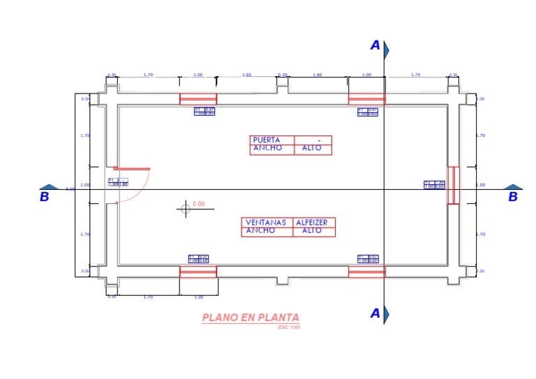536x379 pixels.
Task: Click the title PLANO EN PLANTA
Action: pos(251,318)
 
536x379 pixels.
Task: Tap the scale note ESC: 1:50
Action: pos(288,327)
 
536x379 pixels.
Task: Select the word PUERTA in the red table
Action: pos(267,140)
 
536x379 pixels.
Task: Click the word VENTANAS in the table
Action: pos(266,223)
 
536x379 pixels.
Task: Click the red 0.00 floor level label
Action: pos(198,204)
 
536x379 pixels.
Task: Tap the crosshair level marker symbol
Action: pos(185,208)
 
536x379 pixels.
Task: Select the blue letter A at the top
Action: pos(375,46)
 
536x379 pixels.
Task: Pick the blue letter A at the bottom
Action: pos(375,313)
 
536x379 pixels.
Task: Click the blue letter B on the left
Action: pos(45,197)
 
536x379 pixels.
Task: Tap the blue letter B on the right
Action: pos(513,197)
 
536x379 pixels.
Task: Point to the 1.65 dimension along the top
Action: pos(246,75)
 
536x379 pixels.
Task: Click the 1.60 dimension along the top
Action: pos(318,75)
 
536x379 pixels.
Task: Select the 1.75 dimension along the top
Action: pos(415,75)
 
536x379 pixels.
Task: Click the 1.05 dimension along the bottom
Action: pos(199,297)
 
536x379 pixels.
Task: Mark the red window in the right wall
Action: pos(453,185)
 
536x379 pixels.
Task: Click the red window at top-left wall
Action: pos(198,99)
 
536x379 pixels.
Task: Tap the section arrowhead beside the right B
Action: pos(513,187)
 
